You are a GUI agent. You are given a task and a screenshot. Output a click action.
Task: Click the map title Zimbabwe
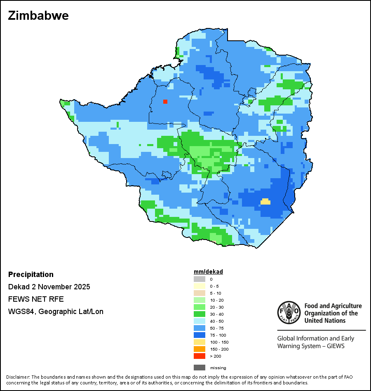(x=38, y=16)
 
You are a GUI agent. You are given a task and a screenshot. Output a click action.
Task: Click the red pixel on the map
(x=165, y=101)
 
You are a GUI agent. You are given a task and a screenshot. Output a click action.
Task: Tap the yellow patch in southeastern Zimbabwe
(x=265, y=202)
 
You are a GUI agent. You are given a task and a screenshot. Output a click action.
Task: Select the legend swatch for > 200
(x=199, y=356)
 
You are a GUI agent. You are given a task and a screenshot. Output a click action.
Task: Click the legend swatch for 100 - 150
(x=199, y=342)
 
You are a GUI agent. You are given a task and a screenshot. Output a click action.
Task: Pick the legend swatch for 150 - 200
(x=199, y=349)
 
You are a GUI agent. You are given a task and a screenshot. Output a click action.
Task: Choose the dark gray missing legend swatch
(x=199, y=368)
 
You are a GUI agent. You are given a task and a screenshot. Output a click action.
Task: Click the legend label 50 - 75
(x=216, y=328)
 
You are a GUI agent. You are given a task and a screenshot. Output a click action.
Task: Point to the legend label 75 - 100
(x=217, y=335)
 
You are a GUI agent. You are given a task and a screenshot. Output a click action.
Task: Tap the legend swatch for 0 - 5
(x=199, y=286)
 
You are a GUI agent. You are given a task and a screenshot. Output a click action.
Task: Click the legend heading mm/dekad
(x=208, y=272)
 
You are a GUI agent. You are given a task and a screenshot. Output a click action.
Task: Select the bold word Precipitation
(x=31, y=275)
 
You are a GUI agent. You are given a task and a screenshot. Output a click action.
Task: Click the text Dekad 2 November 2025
(x=49, y=287)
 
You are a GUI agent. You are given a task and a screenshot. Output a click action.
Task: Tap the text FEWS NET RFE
(x=36, y=299)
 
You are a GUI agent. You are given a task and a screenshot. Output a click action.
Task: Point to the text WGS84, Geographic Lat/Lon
(x=56, y=312)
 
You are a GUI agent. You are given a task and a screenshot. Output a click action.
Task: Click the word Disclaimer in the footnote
(x=17, y=377)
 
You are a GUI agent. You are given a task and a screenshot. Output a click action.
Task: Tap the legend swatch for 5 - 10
(x=199, y=293)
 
